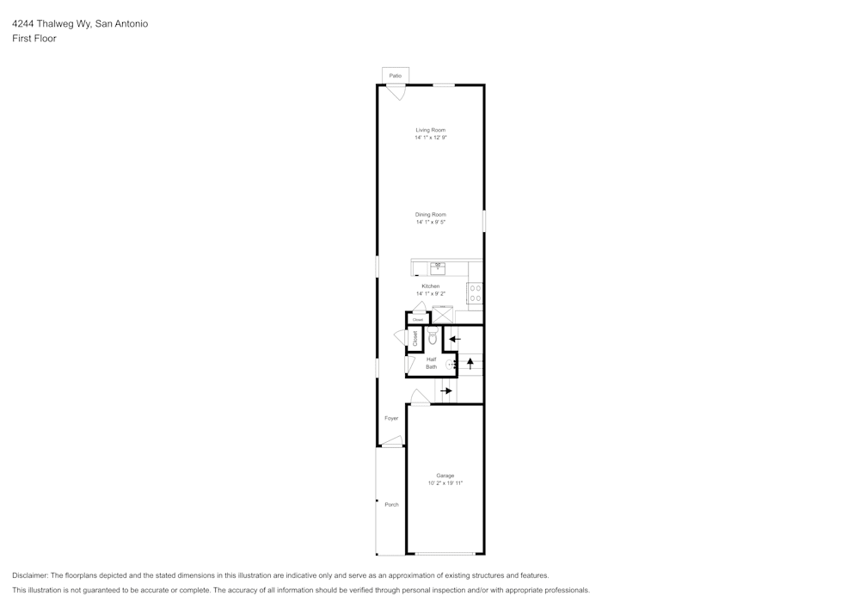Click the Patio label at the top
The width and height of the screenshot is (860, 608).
coord(395,76)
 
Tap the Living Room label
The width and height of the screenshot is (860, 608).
coord(430,130)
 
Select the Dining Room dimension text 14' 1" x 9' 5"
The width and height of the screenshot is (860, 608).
coord(430,223)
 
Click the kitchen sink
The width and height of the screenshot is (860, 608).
coord(438,267)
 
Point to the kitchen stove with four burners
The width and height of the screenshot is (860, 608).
coord(475,292)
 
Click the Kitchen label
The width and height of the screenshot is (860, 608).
coord(430,286)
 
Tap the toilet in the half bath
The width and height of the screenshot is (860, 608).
coord(433,335)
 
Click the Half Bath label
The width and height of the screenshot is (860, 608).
coord(431,363)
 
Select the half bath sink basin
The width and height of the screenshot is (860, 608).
coord(450,365)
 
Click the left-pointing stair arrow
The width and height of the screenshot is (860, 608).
coord(455,339)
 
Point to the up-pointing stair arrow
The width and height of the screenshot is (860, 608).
coord(470,362)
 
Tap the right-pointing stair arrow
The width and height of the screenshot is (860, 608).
coord(445,391)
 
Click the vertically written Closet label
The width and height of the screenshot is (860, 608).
coord(415,338)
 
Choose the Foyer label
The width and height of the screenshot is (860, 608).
coord(391,418)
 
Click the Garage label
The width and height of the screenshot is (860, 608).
coord(445,476)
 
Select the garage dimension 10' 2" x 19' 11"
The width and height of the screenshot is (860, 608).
coord(445,483)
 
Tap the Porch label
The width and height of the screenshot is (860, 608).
coord(391,505)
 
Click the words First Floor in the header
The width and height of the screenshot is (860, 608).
coord(34,39)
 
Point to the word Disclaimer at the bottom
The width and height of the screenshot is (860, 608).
coord(30,575)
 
